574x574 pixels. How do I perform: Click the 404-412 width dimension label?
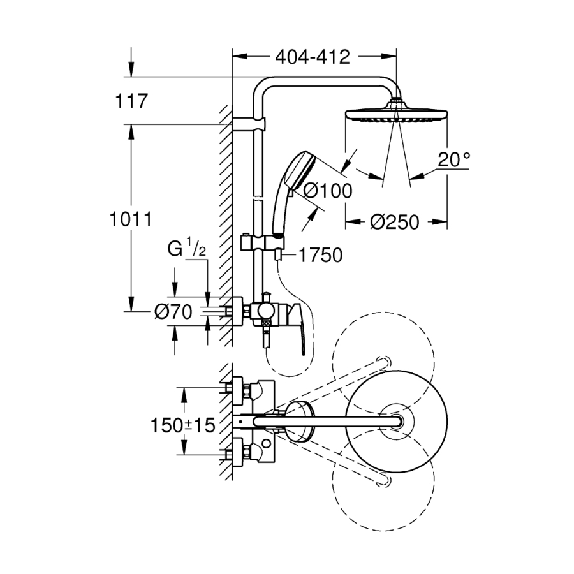click(x=313, y=57)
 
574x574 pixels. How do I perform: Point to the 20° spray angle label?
click(x=453, y=160)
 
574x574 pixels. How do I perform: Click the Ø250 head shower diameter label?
click(x=394, y=222)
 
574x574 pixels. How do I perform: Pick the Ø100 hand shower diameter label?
click(x=327, y=191)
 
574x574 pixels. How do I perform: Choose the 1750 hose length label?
click(x=319, y=255)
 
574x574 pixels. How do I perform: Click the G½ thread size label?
click(x=185, y=249)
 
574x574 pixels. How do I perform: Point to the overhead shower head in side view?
click(x=395, y=115)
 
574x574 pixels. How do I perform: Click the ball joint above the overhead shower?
click(x=396, y=100)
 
